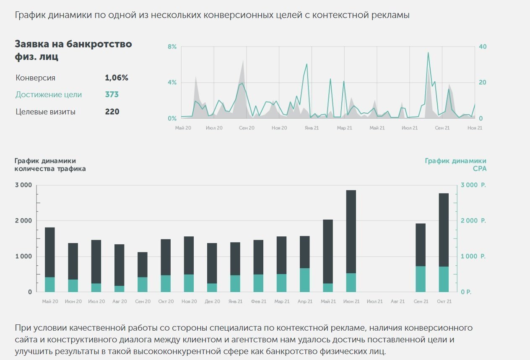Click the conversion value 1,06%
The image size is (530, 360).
click(116, 78)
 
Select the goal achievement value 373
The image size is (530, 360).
click(112, 95)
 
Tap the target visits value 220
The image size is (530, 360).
click(112, 112)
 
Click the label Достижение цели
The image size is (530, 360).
click(49, 95)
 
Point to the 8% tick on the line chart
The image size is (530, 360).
click(172, 47)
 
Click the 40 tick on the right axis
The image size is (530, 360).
click(483, 47)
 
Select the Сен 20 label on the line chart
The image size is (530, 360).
click(247, 128)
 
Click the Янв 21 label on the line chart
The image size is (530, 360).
click(312, 128)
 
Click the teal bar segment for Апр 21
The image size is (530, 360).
click(305, 280)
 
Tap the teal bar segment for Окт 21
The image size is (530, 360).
click(444, 279)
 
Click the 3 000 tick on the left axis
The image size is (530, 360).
click(23, 185)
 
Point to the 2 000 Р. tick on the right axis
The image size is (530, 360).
click(473, 221)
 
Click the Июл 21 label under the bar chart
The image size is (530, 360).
click(374, 301)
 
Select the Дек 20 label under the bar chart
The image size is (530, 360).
click(213, 301)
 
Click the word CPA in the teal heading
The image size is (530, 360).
click(480, 168)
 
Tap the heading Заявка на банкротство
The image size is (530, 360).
click(73, 44)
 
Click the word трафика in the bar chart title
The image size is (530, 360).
click(72, 168)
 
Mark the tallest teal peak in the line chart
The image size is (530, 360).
click(428, 53)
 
